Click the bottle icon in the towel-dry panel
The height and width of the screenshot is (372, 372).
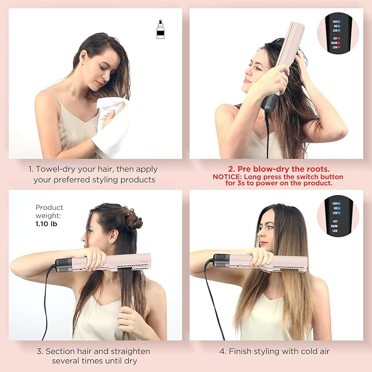160,29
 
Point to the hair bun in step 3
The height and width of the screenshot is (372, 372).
132,219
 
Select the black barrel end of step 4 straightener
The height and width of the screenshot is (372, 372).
221,260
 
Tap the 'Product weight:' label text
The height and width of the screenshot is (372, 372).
49,211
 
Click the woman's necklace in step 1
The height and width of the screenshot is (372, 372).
81,101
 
